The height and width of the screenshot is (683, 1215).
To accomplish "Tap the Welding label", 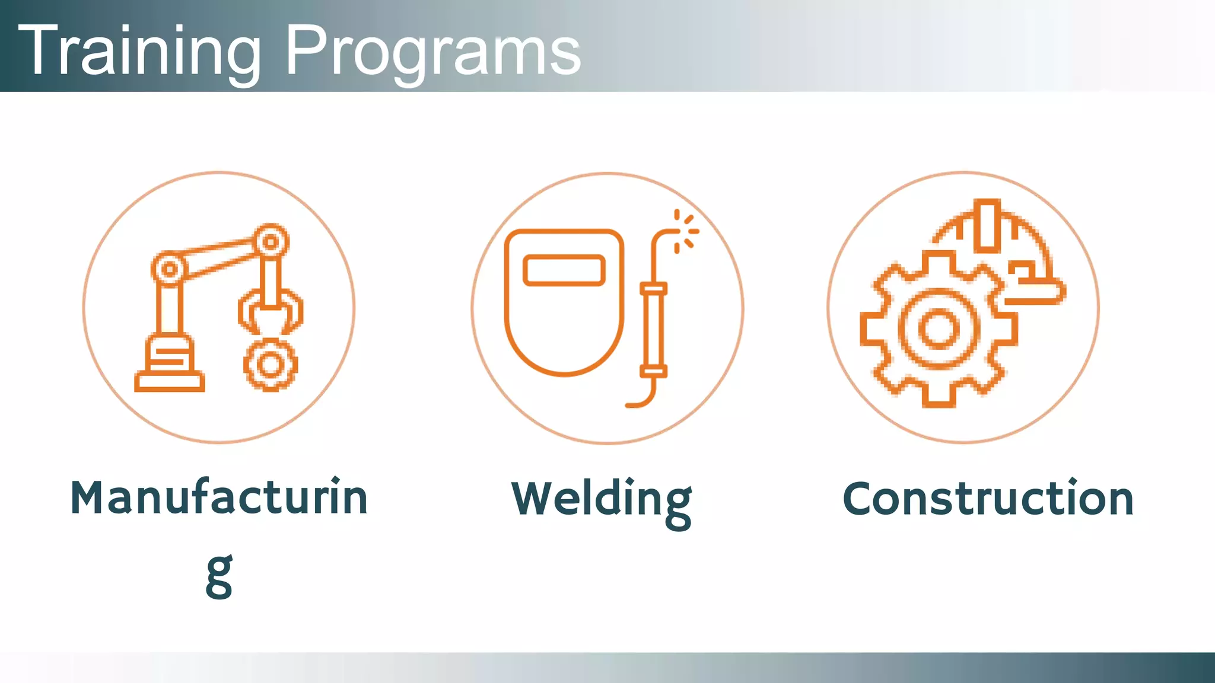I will point(602,500).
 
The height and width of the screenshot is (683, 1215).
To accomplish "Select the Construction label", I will point(988,499).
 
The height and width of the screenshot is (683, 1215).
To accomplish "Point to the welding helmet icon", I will point(564,302).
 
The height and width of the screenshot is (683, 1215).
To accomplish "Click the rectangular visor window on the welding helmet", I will point(564,270).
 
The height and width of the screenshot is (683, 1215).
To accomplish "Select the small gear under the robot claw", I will point(271,365).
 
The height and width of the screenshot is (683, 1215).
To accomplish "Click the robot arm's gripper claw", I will point(271,311).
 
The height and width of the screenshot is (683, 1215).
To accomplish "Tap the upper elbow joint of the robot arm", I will point(271,241).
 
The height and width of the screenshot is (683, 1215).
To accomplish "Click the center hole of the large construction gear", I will point(939,328).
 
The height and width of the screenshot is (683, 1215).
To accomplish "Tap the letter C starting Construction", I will point(860,499).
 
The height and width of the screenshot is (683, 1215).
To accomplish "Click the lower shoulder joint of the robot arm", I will point(170,269).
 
